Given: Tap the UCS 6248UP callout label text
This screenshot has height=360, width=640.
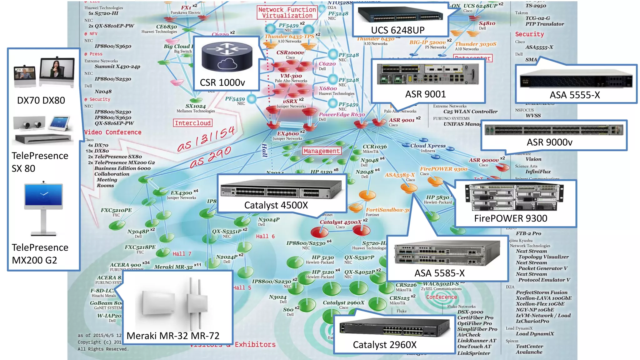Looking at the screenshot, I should coord(397,30).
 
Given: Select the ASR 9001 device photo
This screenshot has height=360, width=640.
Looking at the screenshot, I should coord(427,74).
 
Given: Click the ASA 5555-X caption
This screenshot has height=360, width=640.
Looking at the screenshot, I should coord(575,95).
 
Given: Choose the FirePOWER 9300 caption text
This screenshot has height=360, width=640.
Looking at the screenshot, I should coord(511,218).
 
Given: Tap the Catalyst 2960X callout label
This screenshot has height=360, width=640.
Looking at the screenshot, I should coord(384,345).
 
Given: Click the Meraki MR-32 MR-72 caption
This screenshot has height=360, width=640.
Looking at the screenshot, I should coord(173,336).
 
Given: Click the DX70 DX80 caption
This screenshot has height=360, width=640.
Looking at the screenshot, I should coord(41,100).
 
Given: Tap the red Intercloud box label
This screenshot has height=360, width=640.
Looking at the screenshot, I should coord(192,123).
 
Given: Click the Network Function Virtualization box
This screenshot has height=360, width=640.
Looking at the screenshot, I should coord(287,13).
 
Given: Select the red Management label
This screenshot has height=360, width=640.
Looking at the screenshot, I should coord(322,151).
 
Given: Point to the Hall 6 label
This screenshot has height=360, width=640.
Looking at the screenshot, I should coord(265,237).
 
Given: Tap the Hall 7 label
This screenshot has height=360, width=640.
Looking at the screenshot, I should coord(182,254).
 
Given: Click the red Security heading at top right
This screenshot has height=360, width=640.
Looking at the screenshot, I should coord(529,34).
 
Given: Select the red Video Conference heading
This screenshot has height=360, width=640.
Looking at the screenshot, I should coord(113,132).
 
